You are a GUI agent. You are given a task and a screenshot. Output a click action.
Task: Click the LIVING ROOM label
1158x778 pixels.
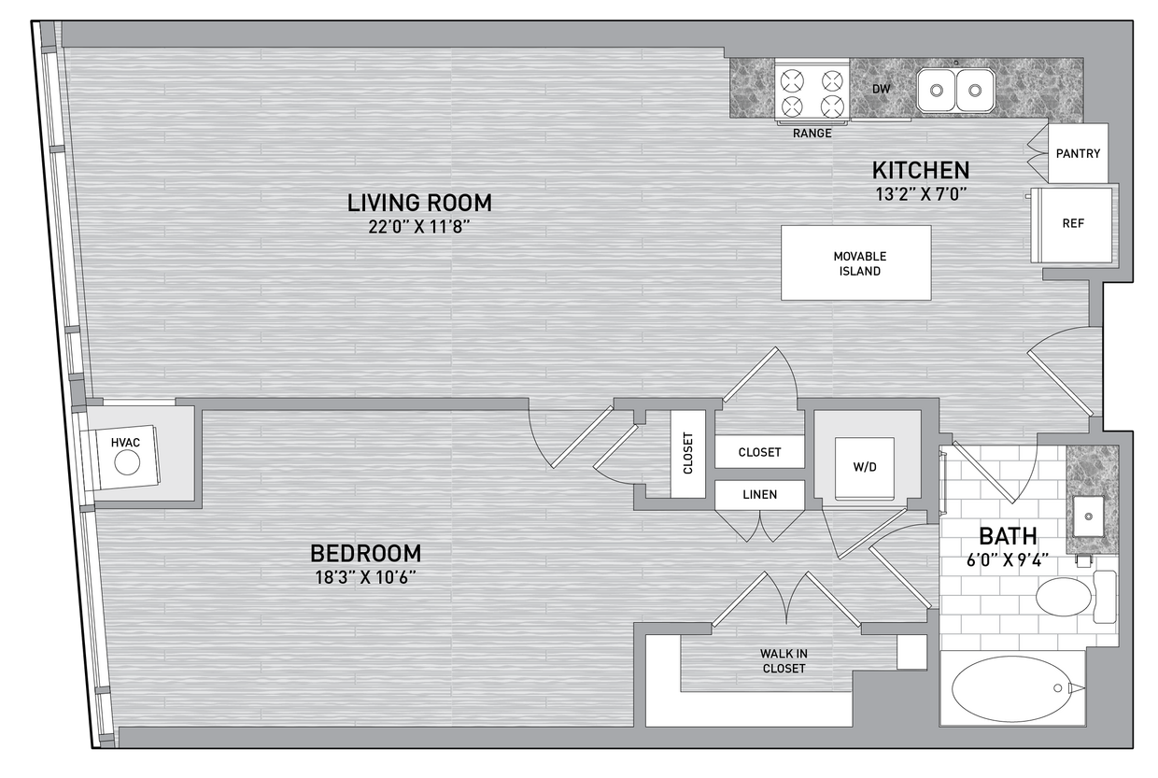tap(419, 202)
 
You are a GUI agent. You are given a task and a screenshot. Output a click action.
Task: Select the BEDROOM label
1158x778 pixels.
tap(365, 552)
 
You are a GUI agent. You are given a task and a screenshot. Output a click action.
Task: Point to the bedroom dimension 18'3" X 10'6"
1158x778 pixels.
tap(365, 576)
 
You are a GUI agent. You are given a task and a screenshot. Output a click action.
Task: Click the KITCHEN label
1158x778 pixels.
tap(920, 170)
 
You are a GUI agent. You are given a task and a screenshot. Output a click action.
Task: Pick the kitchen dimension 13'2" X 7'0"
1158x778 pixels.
tap(920, 194)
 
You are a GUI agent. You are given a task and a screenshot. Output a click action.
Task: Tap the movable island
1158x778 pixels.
tap(855, 262)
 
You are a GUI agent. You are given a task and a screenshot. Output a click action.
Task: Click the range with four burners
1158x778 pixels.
tap(812, 92)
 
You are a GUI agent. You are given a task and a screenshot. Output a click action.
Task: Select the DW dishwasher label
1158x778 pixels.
tap(880, 90)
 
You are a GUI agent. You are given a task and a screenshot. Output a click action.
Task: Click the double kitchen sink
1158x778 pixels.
tap(955, 91)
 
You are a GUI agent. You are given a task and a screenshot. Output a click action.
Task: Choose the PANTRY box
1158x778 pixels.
tap(1078, 153)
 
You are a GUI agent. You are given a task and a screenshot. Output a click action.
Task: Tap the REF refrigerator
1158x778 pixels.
tap(1073, 225)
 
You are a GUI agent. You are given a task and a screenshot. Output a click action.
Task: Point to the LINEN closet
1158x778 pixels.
tap(759, 495)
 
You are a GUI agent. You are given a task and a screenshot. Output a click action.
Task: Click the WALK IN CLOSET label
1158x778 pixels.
tap(784, 661)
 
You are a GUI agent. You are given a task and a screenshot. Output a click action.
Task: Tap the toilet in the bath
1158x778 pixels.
tap(1066, 596)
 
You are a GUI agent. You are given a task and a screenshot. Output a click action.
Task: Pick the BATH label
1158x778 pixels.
tap(1008, 536)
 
